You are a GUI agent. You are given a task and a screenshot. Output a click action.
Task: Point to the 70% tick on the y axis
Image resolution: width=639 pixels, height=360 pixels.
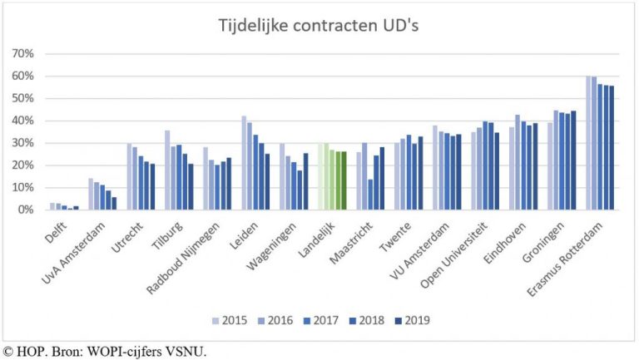[22, 54]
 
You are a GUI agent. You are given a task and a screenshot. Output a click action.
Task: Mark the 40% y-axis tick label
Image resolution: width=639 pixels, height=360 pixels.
[22, 121]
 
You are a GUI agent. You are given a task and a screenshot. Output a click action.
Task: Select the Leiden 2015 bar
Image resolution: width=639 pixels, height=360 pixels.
[245, 163]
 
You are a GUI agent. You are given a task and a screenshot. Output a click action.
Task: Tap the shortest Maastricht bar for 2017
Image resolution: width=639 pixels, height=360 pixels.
[369, 195]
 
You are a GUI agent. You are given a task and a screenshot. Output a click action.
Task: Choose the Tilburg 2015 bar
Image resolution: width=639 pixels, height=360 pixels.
[167, 170]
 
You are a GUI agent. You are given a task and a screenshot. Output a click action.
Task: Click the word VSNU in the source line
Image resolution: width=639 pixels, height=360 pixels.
[186, 352]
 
